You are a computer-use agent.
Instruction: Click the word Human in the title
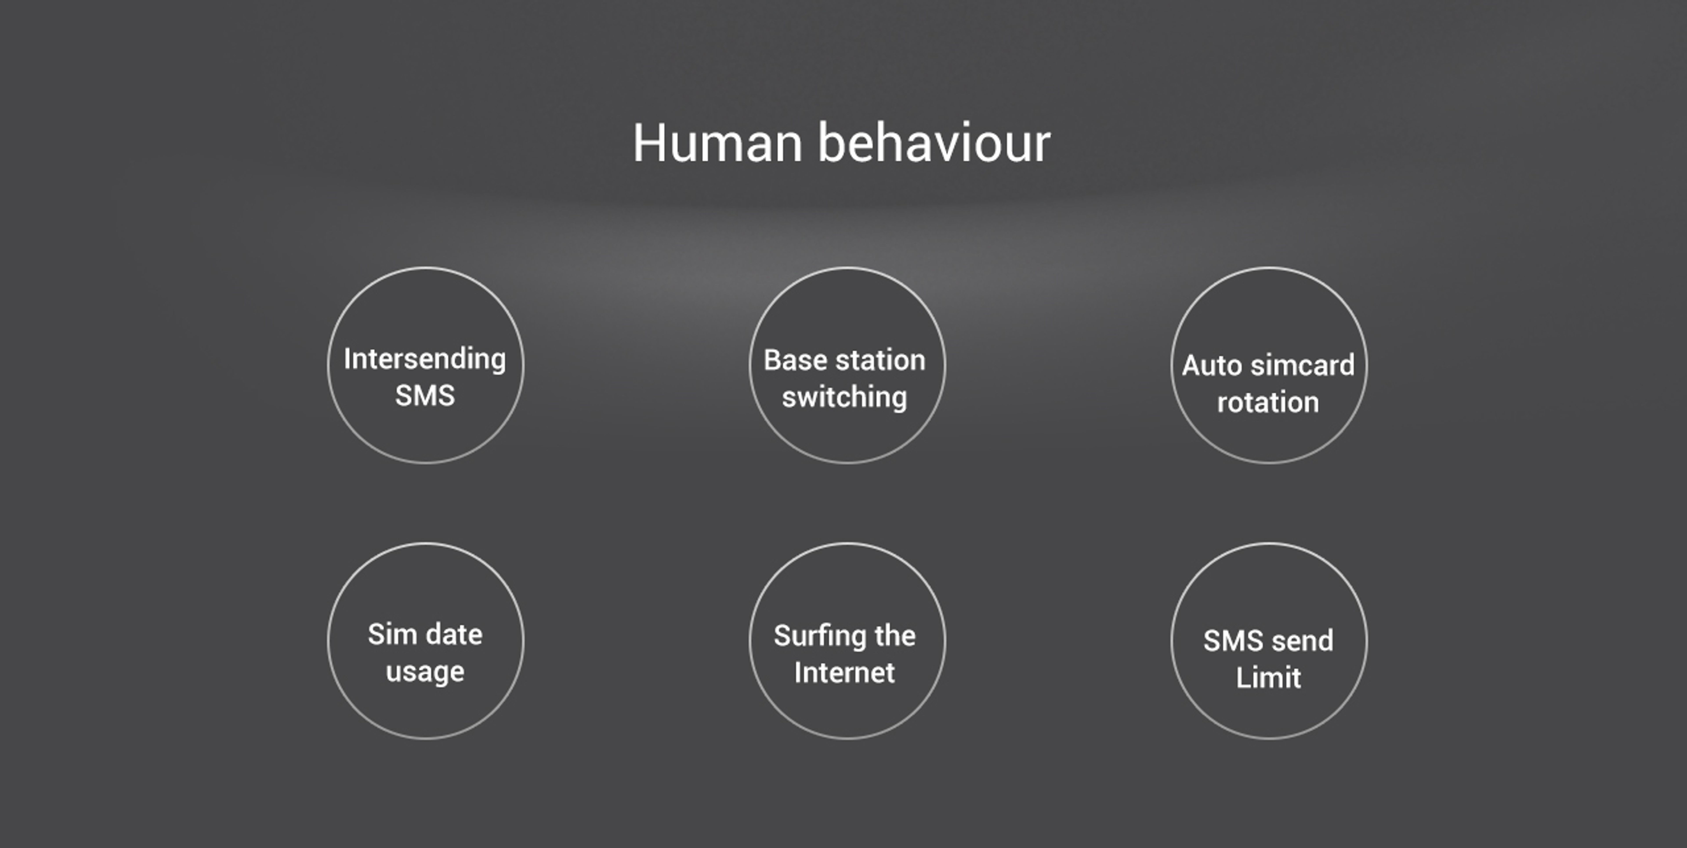717,143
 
